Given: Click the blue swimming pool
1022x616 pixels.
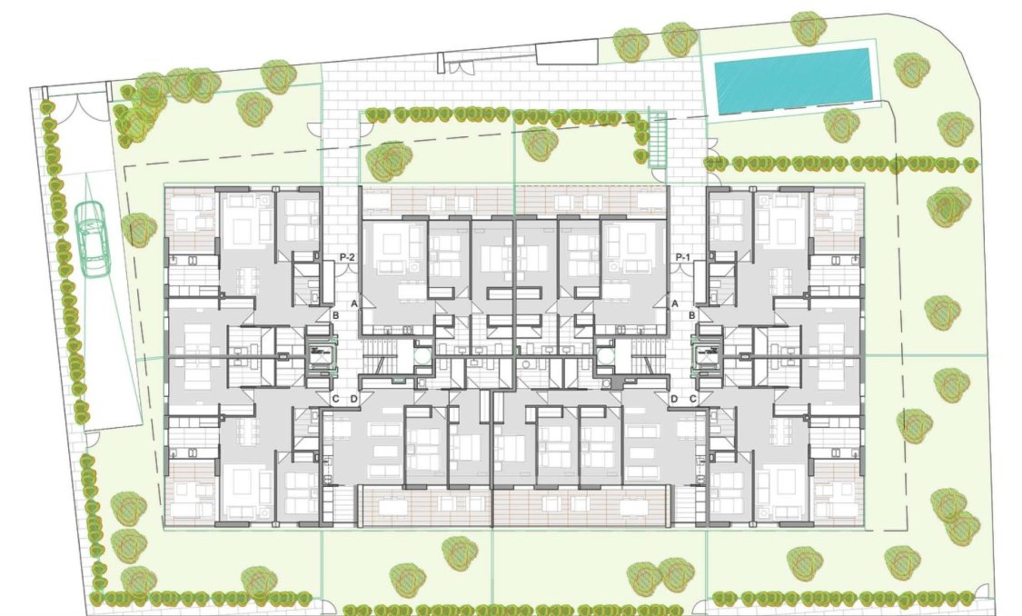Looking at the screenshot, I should [791, 79].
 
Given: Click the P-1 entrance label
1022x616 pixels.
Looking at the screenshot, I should [683, 258].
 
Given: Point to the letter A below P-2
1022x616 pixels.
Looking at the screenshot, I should [355, 303].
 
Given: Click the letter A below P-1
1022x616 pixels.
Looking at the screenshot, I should [674, 303].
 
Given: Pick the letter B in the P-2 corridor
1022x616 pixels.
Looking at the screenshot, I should [335, 315].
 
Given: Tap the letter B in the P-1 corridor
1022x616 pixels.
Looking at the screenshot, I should [693, 315].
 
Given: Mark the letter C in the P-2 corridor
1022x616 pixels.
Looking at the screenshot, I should [335, 399].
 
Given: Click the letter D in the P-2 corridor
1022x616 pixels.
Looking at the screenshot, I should [354, 399].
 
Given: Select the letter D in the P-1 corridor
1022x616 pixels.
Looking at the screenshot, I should [674, 399].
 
